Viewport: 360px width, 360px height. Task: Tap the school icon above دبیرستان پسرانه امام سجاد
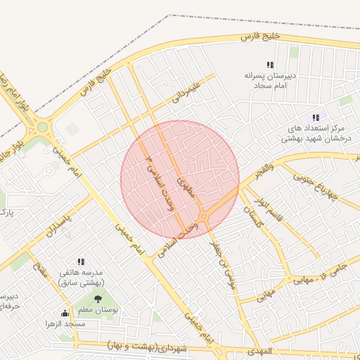pos(271,65)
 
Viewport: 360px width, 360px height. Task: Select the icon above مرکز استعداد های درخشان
pos(316,117)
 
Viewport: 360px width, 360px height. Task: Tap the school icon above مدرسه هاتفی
pos(81,261)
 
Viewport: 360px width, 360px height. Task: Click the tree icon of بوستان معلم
pos(97,299)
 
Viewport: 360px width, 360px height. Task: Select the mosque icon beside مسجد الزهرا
pos(65,314)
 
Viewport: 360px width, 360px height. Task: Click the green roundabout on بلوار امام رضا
pos(42,127)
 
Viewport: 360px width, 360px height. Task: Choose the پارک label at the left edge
pos(6,211)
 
